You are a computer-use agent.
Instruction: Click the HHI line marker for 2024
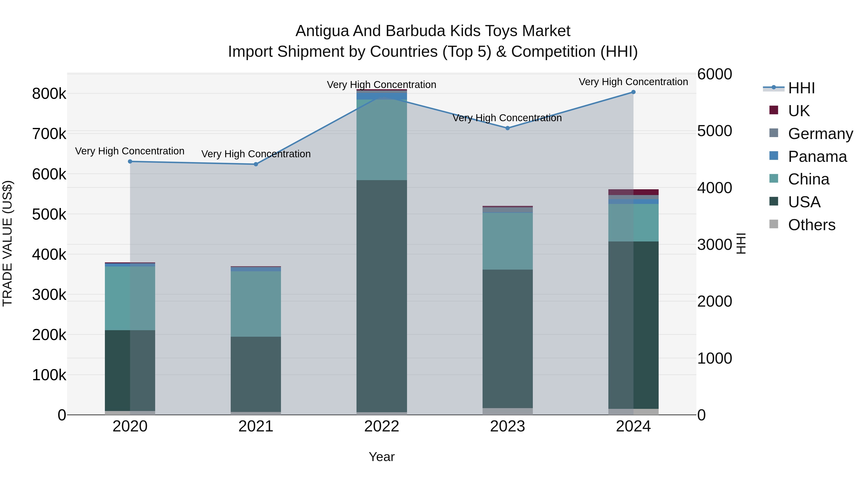tap(633, 92)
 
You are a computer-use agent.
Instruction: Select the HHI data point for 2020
tap(130, 162)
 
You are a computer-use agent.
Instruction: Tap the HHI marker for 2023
tap(508, 128)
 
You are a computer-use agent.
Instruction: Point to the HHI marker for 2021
tap(256, 164)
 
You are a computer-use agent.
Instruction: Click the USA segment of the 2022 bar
tap(382, 296)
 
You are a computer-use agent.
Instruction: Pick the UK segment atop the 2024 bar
tap(633, 192)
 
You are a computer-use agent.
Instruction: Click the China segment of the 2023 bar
tap(508, 241)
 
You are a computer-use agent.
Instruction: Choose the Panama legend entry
tap(817, 157)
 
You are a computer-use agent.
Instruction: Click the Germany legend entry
tap(820, 134)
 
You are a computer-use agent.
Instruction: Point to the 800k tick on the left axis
tap(49, 94)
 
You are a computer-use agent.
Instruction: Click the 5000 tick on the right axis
tap(714, 131)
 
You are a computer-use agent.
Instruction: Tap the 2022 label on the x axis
tap(382, 426)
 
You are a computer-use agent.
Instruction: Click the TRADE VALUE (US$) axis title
tap(8, 243)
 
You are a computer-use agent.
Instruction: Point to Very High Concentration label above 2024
tap(633, 82)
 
